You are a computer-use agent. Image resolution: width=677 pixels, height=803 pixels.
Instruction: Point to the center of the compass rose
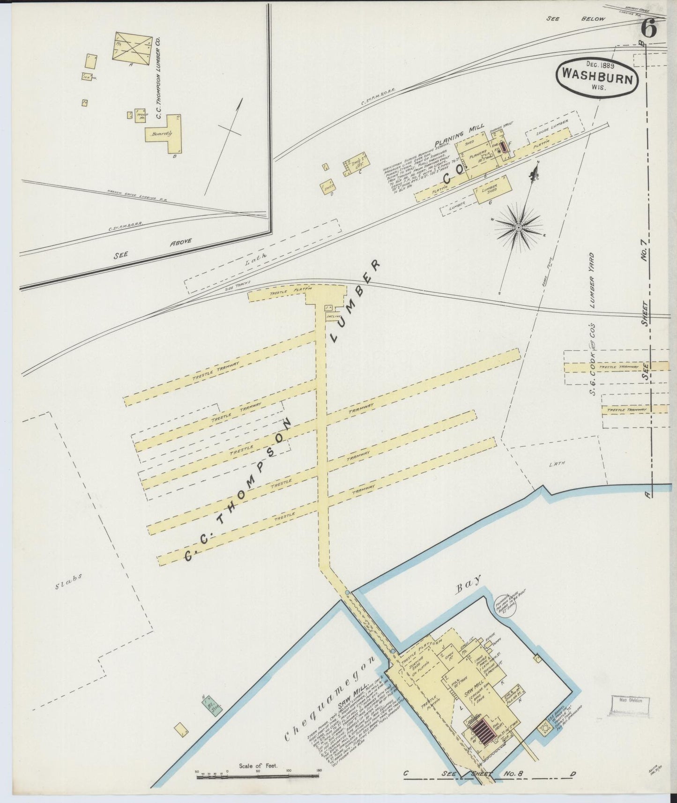[519, 228]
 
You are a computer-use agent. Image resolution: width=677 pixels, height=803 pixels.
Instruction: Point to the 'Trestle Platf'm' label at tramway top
[284, 291]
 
